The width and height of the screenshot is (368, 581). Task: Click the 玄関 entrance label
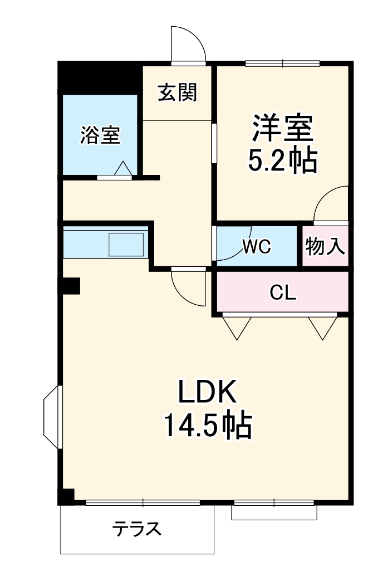177,92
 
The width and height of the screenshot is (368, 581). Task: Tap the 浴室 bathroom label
100,135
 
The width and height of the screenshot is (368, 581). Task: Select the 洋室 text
282,129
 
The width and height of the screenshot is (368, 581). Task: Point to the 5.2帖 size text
282,160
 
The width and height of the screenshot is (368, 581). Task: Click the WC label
257,247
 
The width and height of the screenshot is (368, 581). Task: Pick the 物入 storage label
326,246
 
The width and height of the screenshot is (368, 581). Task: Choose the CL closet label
282,292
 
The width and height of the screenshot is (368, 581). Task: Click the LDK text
207,393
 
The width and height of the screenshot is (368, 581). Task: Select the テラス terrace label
137,528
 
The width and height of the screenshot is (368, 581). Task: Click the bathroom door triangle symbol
124,168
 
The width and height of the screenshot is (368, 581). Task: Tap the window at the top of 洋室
282,62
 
